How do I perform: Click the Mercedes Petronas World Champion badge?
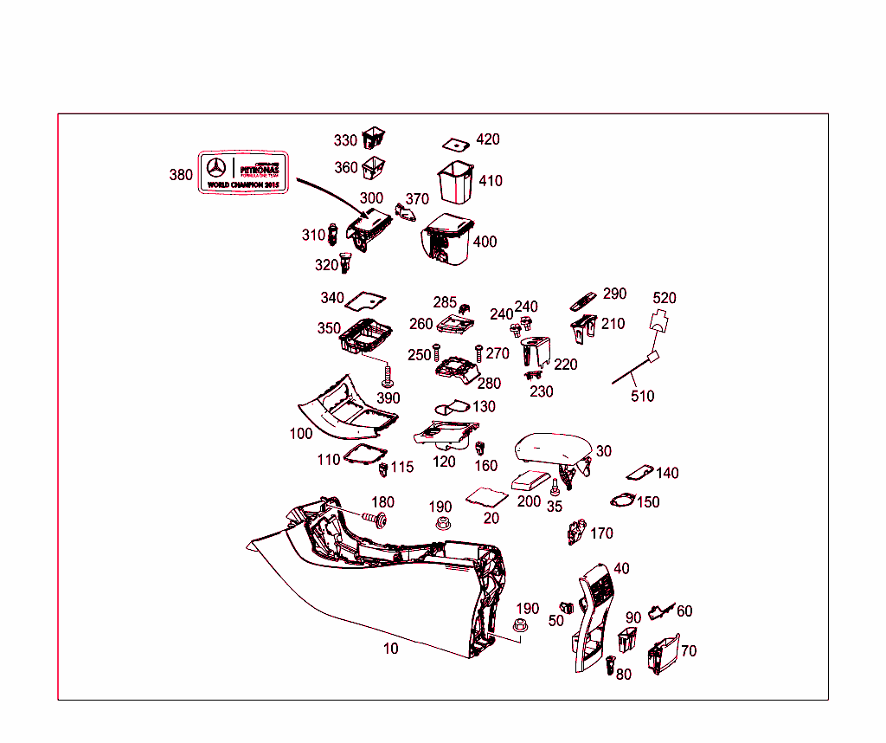(243, 172)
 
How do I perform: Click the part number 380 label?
(181, 175)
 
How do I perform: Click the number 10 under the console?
(391, 648)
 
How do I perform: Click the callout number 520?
(664, 298)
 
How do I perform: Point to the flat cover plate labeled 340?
(365, 300)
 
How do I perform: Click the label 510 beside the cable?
(642, 396)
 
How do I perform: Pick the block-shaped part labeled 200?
(530, 481)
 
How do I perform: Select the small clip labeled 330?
(374, 137)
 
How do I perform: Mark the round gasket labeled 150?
(622, 501)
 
